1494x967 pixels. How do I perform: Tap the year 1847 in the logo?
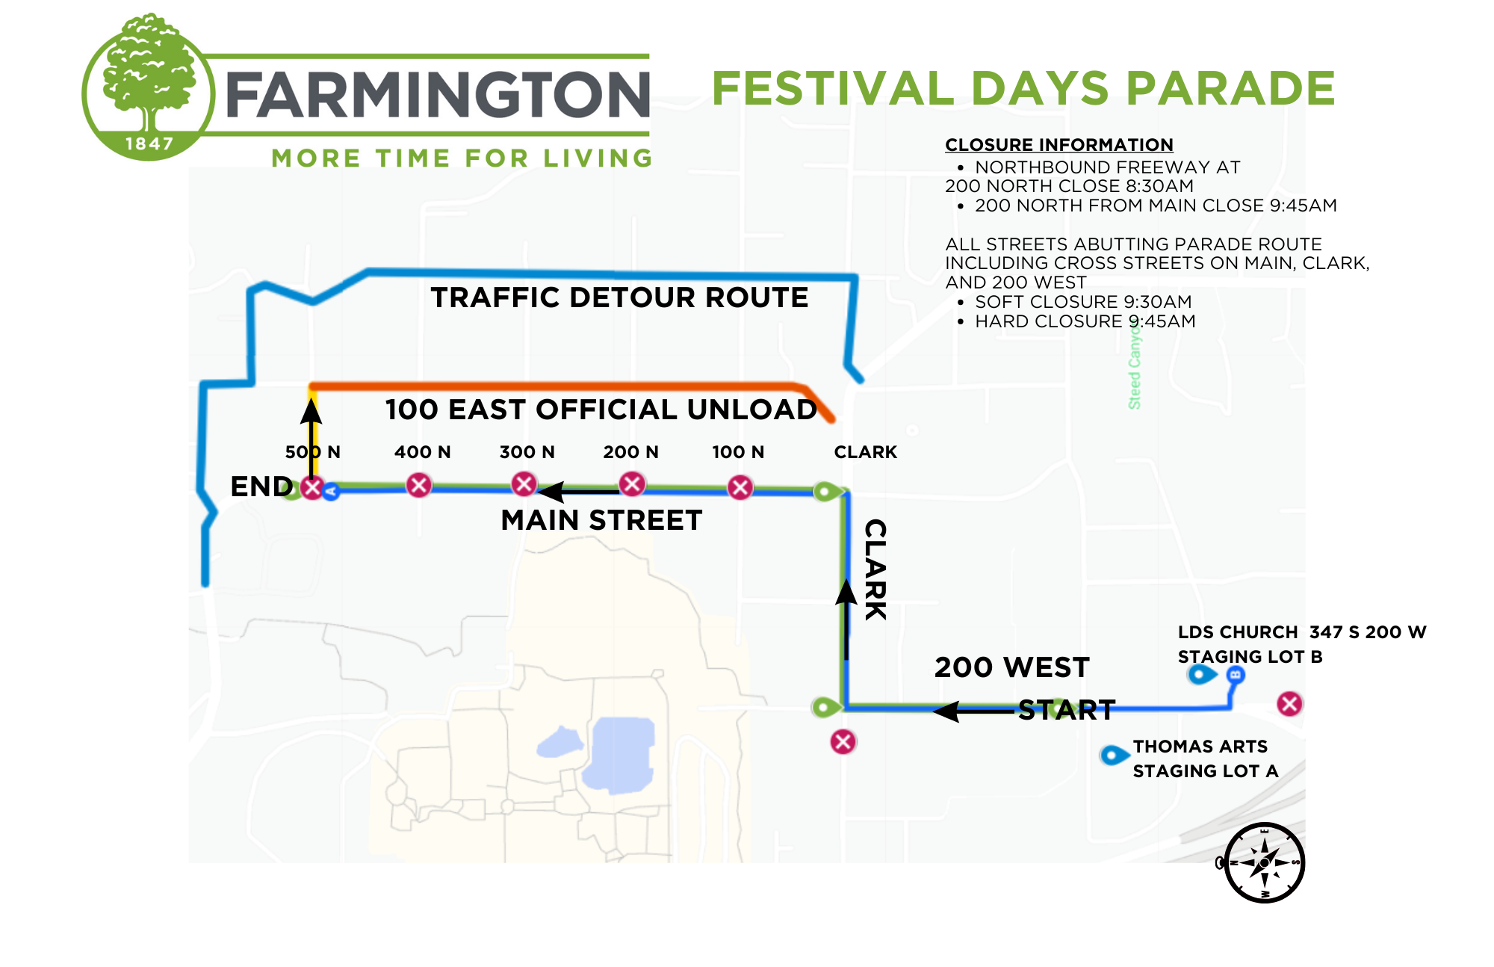149,143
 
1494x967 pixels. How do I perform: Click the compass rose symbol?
1264,862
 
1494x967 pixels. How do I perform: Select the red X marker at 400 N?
419,485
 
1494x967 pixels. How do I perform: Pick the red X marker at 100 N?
740,488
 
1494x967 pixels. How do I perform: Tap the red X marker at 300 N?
524,483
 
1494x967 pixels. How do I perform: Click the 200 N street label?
630,452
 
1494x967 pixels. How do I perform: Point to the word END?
261,486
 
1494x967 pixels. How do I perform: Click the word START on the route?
1067,710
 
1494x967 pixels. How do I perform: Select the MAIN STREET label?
601,520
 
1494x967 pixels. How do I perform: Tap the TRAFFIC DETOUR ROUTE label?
619,297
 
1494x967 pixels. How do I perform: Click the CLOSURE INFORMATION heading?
1058,145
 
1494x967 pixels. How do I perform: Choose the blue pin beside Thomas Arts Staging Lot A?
1113,755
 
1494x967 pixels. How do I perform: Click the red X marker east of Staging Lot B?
1289,703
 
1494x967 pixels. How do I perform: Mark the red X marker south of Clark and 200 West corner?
843,741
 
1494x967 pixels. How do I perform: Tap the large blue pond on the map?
620,753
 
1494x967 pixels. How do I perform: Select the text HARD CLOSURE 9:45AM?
1085,321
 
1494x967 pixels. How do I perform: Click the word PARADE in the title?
1230,88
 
